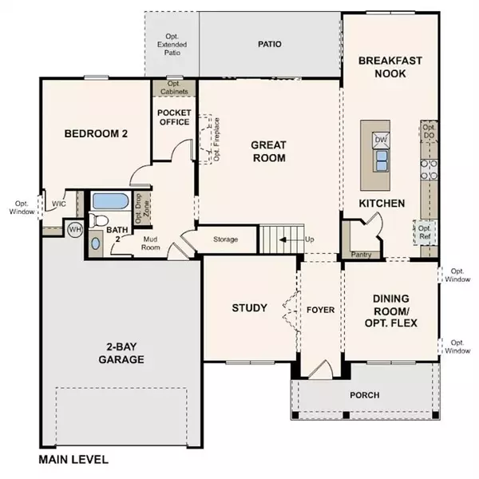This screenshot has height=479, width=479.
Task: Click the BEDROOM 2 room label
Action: (96, 134)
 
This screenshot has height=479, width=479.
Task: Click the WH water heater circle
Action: (75, 229)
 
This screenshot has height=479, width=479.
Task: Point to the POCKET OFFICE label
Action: (173, 117)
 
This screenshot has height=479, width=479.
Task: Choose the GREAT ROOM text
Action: (268, 152)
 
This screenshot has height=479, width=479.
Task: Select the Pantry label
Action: (361, 255)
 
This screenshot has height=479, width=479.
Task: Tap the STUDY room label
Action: (249, 307)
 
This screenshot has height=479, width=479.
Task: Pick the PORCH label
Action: (364, 395)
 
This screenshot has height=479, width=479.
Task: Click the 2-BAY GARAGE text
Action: (116, 353)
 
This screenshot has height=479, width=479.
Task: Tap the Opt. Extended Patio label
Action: (171, 45)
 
